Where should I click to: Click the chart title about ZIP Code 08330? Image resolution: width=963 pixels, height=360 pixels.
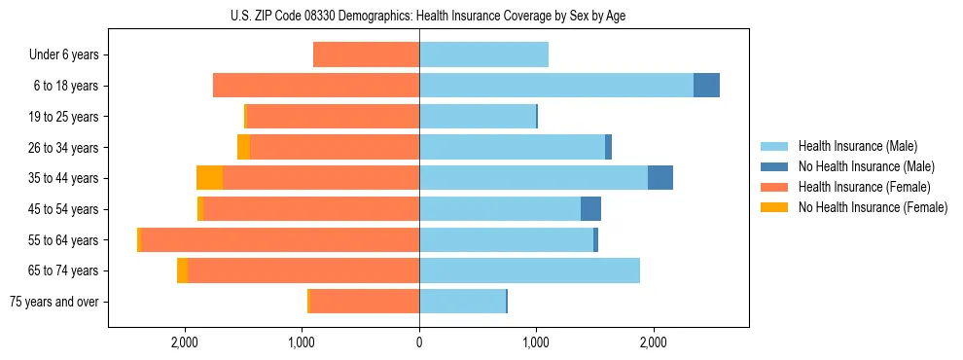click(419, 15)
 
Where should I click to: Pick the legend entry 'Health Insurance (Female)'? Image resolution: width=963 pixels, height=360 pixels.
click(859, 187)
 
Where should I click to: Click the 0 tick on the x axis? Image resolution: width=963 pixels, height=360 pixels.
click(419, 342)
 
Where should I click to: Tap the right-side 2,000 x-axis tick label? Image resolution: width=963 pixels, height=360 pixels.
click(654, 342)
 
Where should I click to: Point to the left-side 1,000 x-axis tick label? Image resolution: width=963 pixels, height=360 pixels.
click(302, 342)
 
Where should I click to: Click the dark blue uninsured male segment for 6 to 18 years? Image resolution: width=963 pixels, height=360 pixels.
click(706, 86)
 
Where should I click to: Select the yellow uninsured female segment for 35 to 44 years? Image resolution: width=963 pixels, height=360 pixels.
click(209, 178)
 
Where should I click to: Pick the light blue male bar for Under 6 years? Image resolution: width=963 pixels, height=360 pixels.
click(483, 55)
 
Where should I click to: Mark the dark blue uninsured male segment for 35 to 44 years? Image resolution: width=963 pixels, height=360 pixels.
click(660, 178)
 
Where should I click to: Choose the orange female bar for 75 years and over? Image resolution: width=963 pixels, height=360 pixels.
click(365, 302)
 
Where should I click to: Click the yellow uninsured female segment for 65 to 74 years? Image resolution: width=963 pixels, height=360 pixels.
click(182, 270)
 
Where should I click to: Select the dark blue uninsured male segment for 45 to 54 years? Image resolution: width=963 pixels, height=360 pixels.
click(590, 209)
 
